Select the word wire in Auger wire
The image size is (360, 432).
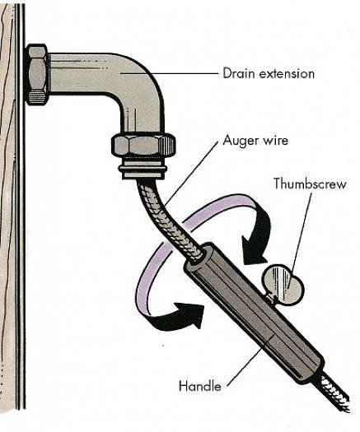(x=275, y=141)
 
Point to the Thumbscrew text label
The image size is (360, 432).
(x=310, y=183)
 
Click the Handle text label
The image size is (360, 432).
(x=200, y=386)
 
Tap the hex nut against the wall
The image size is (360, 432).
(x=38, y=74)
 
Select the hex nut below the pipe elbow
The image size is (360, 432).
(x=143, y=145)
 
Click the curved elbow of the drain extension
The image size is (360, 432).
(x=141, y=82)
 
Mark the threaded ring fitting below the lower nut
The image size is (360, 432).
(x=143, y=168)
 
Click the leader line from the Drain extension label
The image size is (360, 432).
(x=169, y=73)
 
